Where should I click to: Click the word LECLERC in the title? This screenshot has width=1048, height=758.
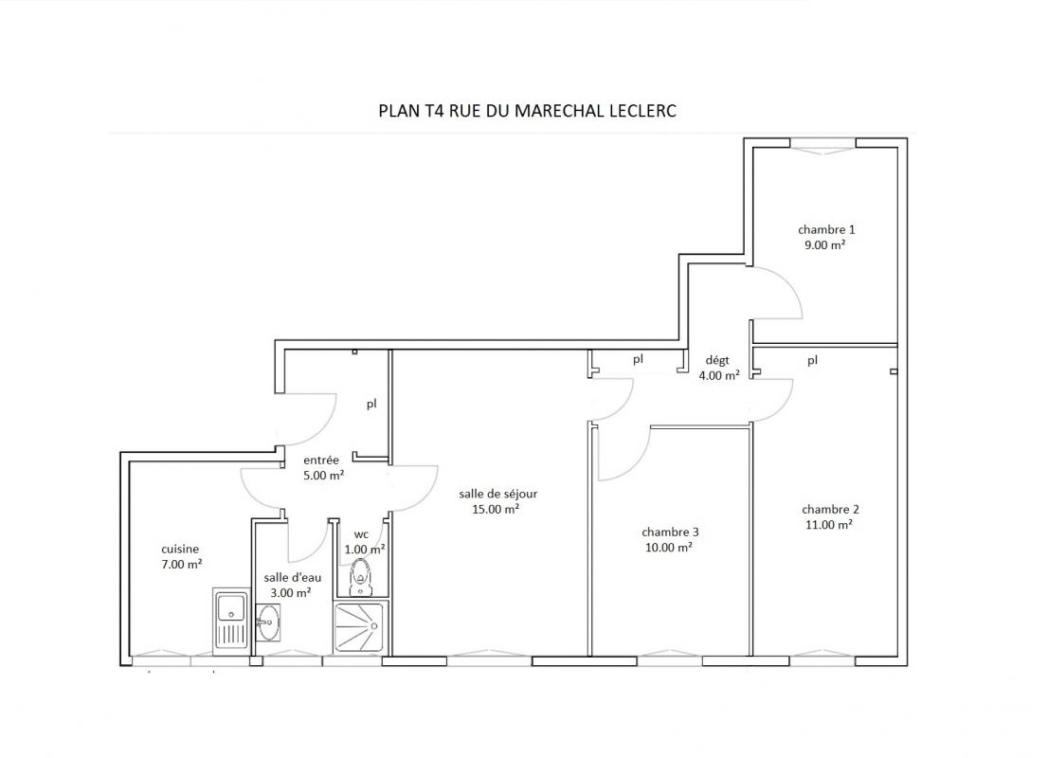(x=642, y=110)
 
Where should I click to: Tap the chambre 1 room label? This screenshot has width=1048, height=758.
(x=826, y=229)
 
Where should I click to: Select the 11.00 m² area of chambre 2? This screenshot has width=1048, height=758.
(x=829, y=525)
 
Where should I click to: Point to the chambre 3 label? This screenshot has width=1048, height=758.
(x=670, y=532)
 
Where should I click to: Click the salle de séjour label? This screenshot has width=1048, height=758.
(x=497, y=494)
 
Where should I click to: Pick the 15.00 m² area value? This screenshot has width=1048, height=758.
(x=496, y=510)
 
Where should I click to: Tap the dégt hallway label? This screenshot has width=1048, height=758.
(x=717, y=361)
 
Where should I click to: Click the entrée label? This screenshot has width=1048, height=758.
(x=321, y=460)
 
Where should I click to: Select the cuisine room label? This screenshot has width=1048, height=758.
(x=180, y=549)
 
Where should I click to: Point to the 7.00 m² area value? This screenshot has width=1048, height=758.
(x=182, y=564)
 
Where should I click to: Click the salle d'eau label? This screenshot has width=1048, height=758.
(x=292, y=578)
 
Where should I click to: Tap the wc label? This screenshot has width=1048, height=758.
(x=361, y=534)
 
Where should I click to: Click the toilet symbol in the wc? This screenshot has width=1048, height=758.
(x=361, y=577)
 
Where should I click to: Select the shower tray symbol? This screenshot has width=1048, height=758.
(x=360, y=627)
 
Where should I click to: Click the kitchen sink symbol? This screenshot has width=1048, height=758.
(x=230, y=621)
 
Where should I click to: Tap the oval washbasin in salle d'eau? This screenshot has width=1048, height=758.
(x=268, y=623)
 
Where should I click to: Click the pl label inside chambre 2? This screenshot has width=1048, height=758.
(x=812, y=361)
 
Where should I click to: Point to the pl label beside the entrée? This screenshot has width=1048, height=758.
(x=371, y=405)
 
